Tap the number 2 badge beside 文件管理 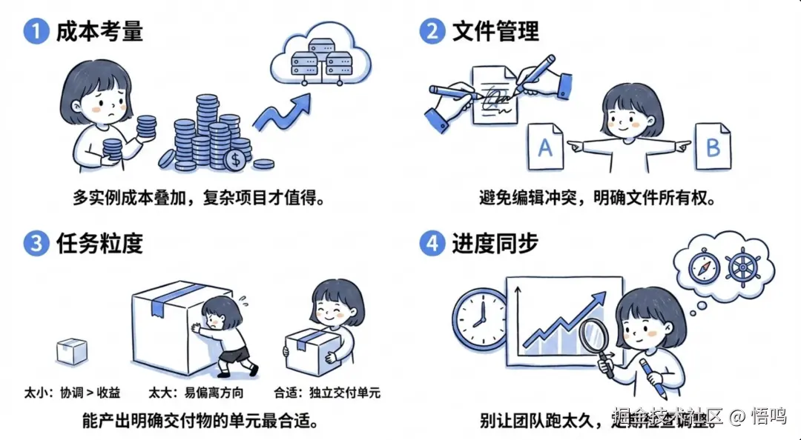pyautogui.click(x=432, y=32)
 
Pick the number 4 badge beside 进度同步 pyautogui.click(x=432, y=243)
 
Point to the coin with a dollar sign pyautogui.click(x=237, y=158)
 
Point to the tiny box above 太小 pyautogui.click(x=72, y=351)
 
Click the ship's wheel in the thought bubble pyautogui.click(x=744, y=267)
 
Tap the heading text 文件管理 pyautogui.click(x=496, y=32)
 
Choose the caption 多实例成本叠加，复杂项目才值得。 pyautogui.click(x=199, y=199)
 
